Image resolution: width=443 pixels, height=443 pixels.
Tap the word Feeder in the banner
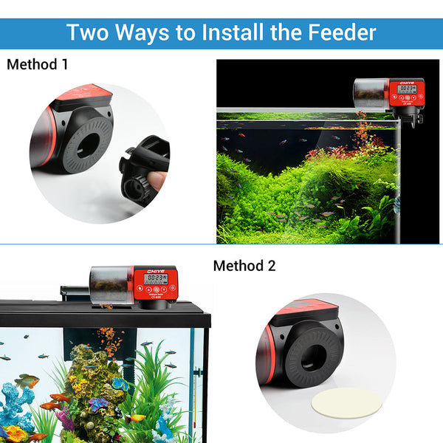click(339, 32)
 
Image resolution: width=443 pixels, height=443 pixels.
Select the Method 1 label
click(37, 64)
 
